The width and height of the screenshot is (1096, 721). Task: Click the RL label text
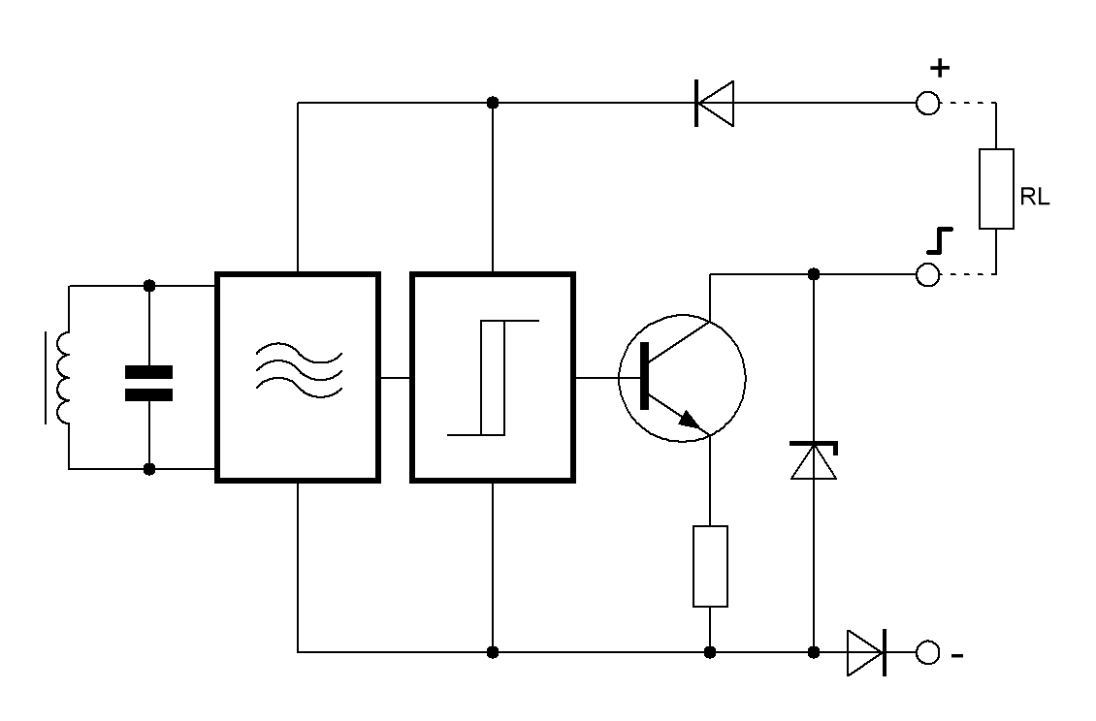1035,197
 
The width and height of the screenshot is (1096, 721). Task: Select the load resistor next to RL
996,189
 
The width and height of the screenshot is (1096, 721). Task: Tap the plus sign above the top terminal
940,68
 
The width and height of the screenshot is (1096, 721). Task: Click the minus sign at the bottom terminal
957,655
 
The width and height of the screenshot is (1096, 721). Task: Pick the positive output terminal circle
927,104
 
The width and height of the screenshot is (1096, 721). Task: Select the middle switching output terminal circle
927,274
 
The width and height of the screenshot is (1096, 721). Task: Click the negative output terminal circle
927,652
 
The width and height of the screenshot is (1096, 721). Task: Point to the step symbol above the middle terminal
940,241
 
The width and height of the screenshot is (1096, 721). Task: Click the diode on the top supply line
715,104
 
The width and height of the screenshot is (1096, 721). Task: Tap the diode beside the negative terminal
867,652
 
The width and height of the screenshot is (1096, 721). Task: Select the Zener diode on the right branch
814,460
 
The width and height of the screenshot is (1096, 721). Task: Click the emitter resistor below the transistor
710,567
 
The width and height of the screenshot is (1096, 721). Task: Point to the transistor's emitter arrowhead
690,420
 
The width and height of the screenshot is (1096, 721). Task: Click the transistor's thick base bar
644,376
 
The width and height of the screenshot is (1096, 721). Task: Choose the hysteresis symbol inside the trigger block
493,377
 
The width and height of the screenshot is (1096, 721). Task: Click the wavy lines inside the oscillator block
299,371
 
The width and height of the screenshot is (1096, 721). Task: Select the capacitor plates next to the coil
149,384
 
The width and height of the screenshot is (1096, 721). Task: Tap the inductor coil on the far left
60,377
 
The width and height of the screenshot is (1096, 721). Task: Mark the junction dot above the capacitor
149,286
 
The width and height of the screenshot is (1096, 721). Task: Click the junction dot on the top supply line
493,103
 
